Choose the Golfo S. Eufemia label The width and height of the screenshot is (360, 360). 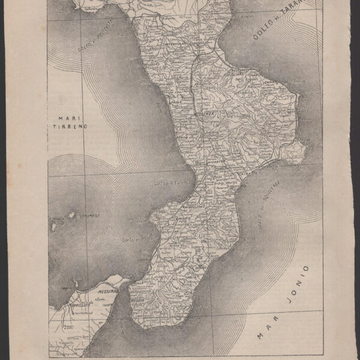tap(172, 183)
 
